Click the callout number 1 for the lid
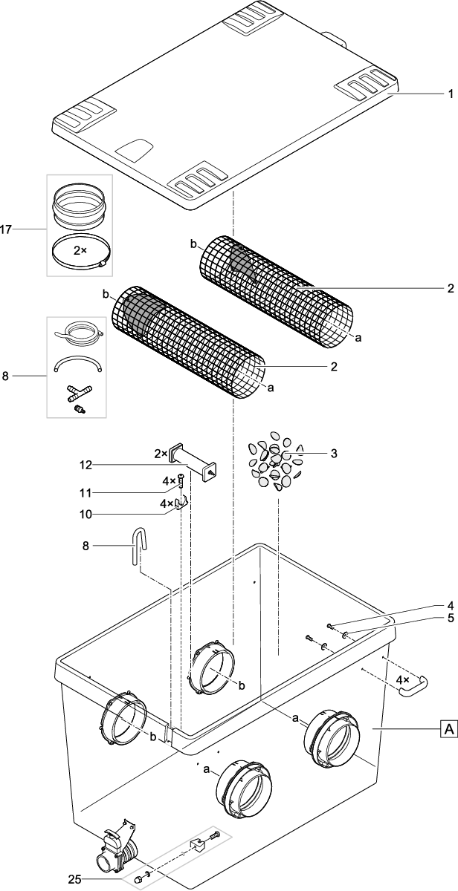coord(448,96)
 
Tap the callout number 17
coord(7,229)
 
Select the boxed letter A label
coord(448,731)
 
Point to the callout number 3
coord(334,452)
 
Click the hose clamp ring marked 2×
coord(80,253)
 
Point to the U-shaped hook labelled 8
coord(139,545)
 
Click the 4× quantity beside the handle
coord(401,679)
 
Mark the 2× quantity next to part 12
coord(161,452)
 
